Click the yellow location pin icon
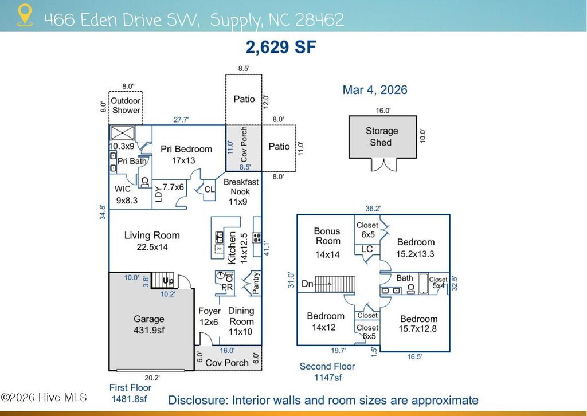[25, 15]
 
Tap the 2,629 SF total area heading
[281, 47]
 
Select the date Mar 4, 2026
[375, 90]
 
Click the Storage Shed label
[381, 136]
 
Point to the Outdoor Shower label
[126, 105]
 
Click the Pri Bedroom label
[186, 155]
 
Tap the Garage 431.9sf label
[149, 324]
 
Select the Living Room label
[152, 241]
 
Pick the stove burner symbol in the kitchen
[257, 237]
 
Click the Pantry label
[256, 283]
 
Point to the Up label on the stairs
[168, 281]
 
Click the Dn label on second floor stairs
[307, 284]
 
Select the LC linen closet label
[367, 249]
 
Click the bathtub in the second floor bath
[424, 284]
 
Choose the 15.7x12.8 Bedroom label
[418, 324]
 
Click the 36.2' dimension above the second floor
[373, 209]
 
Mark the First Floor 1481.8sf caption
[130, 393]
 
